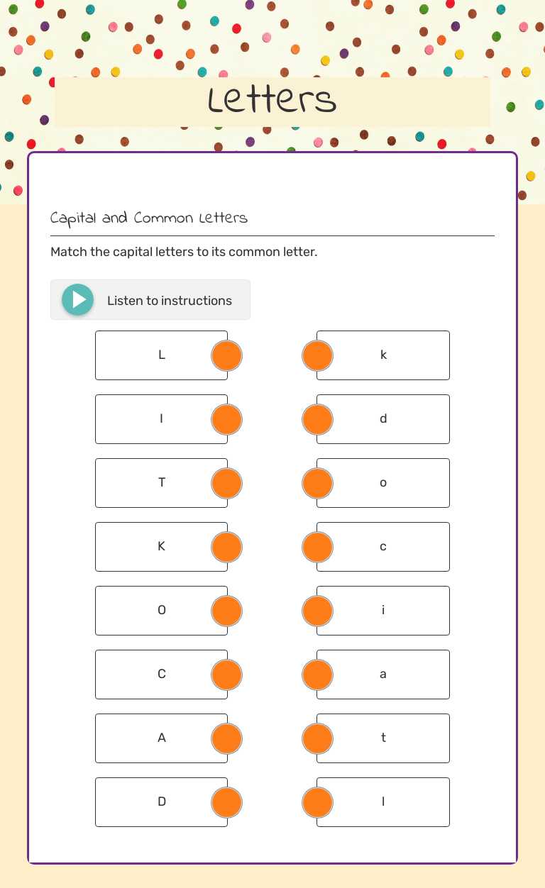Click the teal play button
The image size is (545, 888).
coord(78,300)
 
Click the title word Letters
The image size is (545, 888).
coord(272,101)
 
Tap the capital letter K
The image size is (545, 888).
coord(161,546)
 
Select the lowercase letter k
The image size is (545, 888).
coord(383,355)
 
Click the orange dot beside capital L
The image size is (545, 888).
coord(227,355)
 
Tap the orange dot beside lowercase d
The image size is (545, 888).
coord(317,419)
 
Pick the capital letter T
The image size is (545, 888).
coord(161,482)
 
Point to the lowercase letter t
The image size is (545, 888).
coord(383,738)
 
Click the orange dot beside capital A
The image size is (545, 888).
coord(227,738)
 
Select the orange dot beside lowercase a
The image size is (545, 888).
coord(317,675)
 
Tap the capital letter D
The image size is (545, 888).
coord(161,801)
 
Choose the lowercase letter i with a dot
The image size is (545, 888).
coord(383,610)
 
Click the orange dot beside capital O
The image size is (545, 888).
coord(227,611)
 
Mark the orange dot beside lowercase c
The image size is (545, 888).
coord(317,547)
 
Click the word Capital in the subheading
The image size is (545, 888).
coord(73,218)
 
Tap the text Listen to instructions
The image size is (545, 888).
coord(170,301)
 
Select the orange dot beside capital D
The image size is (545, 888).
coord(227,802)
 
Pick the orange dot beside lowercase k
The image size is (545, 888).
coord(317,355)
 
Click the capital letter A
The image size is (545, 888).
coord(161,738)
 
